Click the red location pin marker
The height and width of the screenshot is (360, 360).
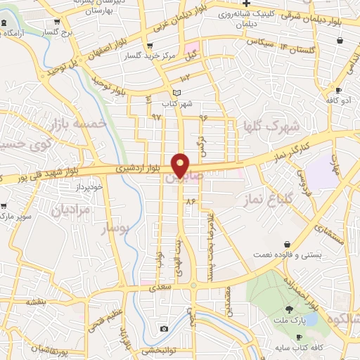pyautogui.click(x=181, y=165)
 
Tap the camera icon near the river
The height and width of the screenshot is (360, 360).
pyautogui.click(x=164, y=328)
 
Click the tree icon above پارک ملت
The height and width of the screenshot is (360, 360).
pyautogui.click(x=289, y=309)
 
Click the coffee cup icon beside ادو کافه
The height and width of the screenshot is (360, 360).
pyautogui.click(x=338, y=91)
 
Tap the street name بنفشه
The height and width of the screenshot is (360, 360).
pyautogui.click(x=37, y=301)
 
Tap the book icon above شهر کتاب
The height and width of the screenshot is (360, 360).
pyautogui.click(x=176, y=93)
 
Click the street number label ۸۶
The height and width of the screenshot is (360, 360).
pyautogui.click(x=190, y=201)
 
